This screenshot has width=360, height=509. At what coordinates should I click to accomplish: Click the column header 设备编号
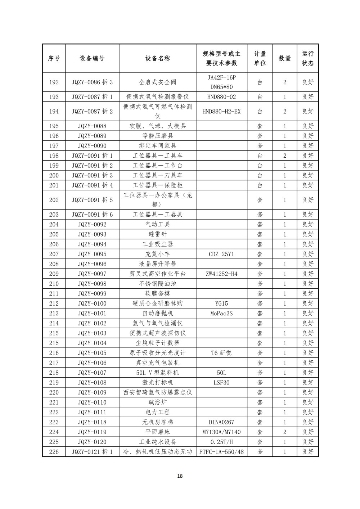pyautogui.click(x=92, y=58)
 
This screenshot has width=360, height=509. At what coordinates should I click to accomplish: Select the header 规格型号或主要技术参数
pyautogui.click(x=221, y=58)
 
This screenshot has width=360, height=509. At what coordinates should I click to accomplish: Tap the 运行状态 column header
pyautogui.click(x=307, y=58)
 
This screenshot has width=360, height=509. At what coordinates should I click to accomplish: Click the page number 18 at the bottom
pyautogui.click(x=180, y=476)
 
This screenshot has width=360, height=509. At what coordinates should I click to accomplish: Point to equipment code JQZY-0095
pyautogui.click(x=92, y=254)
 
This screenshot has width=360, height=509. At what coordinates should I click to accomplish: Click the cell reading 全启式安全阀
pyautogui.click(x=158, y=82)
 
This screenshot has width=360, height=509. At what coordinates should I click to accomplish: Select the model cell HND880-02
pyautogui.click(x=221, y=97)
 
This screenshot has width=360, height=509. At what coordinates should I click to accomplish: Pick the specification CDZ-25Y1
pyautogui.click(x=221, y=254)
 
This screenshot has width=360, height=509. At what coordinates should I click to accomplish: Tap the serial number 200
pyautogui.click(x=54, y=175)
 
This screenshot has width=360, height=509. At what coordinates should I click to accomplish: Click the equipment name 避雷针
pyautogui.click(x=158, y=234)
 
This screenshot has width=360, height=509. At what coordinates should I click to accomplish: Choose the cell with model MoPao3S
pyautogui.click(x=221, y=314)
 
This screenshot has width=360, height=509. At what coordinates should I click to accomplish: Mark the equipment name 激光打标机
pyautogui.click(x=158, y=383)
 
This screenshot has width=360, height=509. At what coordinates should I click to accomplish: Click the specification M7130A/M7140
pyautogui.click(x=221, y=432)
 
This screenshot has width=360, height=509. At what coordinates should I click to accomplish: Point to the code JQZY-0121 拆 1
pyautogui.click(x=92, y=452)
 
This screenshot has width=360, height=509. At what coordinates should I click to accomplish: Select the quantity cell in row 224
pyautogui.click(x=284, y=432)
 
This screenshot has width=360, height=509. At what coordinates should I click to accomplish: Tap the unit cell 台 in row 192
pyautogui.click(x=260, y=82)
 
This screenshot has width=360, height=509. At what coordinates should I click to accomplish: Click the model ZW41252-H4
pyautogui.click(x=221, y=274)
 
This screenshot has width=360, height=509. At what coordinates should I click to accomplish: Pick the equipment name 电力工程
pyautogui.click(x=158, y=412)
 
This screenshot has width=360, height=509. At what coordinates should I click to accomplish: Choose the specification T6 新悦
pyautogui.click(x=221, y=353)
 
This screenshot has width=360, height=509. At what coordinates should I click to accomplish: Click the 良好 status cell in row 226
pyautogui.click(x=307, y=452)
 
